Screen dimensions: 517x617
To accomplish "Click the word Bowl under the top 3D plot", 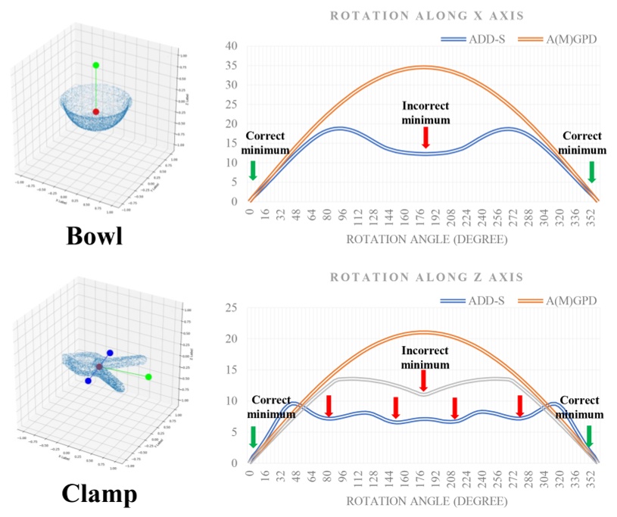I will coord(95,235).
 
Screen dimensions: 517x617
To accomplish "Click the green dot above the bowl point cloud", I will coord(95,66).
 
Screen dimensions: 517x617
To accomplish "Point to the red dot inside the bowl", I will coord(95,112).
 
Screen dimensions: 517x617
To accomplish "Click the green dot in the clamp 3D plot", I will coord(148,376).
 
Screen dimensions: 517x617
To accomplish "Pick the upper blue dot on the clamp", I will coord(110,353).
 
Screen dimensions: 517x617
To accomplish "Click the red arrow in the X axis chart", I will coord(425,137).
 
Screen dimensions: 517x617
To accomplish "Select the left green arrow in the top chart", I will coord(253,171).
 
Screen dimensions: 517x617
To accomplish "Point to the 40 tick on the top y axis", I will coord(232,46).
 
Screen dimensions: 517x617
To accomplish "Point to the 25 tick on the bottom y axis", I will coord(232,307).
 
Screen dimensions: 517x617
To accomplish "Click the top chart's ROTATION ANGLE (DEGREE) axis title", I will coord(426,239).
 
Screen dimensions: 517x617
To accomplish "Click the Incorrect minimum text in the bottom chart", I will coord(424,357).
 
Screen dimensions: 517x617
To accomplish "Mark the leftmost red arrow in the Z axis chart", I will coord(329,406).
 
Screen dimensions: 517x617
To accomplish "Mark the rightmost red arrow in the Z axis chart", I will coord(520,406).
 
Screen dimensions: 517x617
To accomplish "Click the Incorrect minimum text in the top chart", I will coord(425,113).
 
